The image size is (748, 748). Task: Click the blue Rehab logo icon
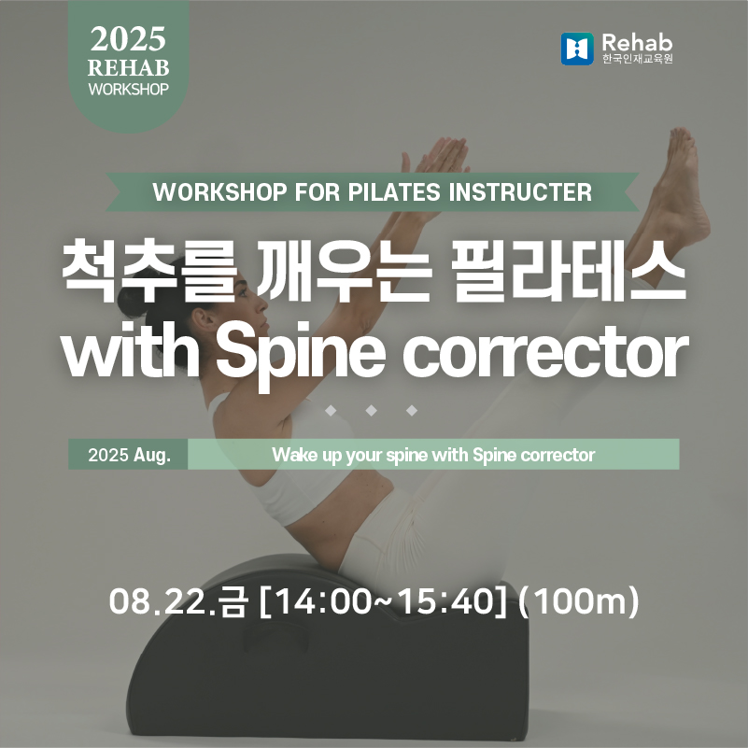pyautogui.click(x=577, y=49)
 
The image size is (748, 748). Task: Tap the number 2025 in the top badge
pyautogui.click(x=128, y=39)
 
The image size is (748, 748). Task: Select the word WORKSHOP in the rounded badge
pyautogui.click(x=128, y=90)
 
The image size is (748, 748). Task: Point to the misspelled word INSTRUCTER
pyautogui.click(x=520, y=192)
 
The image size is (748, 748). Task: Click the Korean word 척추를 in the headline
pyautogui.click(x=149, y=271)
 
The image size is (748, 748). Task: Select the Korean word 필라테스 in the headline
pyautogui.click(x=570, y=271)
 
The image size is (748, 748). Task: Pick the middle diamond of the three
pyautogui.click(x=371, y=410)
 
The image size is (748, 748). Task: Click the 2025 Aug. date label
pyautogui.click(x=129, y=455)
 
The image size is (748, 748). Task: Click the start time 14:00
pyautogui.click(x=322, y=601)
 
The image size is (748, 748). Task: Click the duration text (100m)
pyautogui.click(x=579, y=601)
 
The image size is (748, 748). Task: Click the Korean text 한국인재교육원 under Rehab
pyautogui.click(x=637, y=59)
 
